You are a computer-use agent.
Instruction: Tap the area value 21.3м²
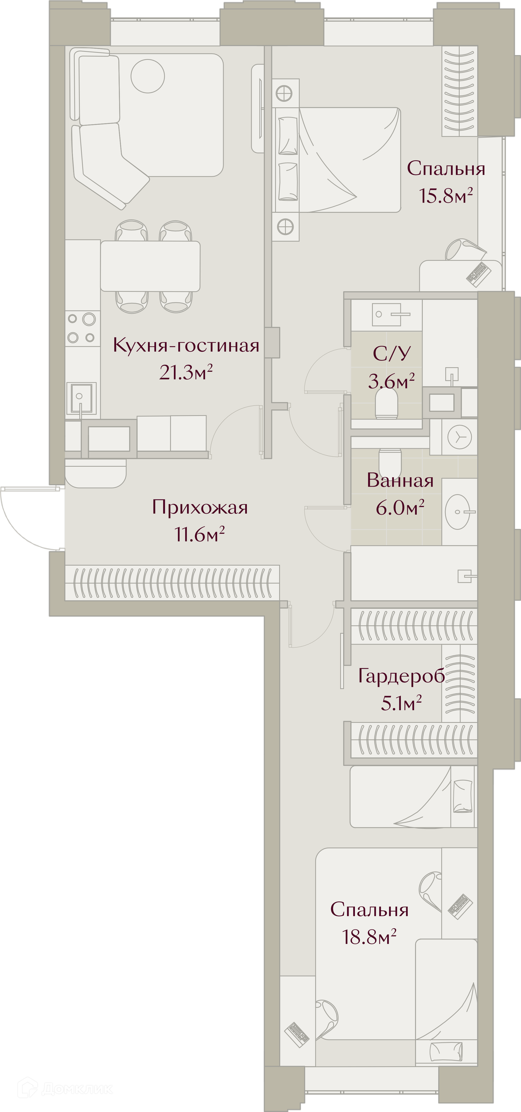186,372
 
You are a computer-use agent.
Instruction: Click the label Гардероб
401,676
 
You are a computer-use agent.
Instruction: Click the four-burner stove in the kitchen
81,328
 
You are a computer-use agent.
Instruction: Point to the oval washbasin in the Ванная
458,512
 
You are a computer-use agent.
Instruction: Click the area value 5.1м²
401,703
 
